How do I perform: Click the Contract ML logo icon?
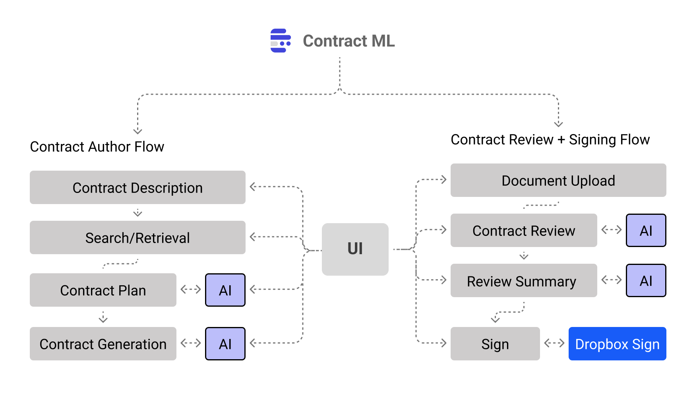pyautogui.click(x=281, y=41)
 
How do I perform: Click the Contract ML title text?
pyautogui.click(x=348, y=41)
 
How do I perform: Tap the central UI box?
pyautogui.click(x=355, y=249)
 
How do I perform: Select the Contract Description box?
pyautogui.click(x=137, y=187)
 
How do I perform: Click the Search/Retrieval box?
pyautogui.click(x=137, y=237)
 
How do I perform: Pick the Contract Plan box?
pyautogui.click(x=103, y=290)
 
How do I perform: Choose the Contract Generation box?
pyautogui.click(x=103, y=344)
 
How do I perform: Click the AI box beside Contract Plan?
pyautogui.click(x=225, y=290)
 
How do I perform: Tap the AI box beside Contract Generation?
pyautogui.click(x=225, y=344)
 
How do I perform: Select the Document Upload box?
pyautogui.click(x=558, y=180)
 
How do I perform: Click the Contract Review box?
pyautogui.click(x=523, y=230)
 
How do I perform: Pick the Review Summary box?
pyautogui.click(x=523, y=280)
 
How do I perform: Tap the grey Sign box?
pyautogui.click(x=495, y=344)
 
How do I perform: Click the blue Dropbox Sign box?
pyautogui.click(x=617, y=344)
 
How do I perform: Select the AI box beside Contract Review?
pyautogui.click(x=646, y=230)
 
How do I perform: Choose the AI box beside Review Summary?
pyautogui.click(x=646, y=280)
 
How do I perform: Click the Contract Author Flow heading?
pyautogui.click(x=97, y=147)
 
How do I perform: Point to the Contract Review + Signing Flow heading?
pyautogui.click(x=550, y=140)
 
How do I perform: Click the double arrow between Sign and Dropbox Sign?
pyautogui.click(x=554, y=343)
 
